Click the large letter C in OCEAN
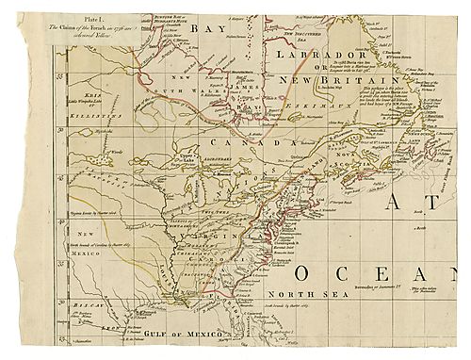click(343, 273)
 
